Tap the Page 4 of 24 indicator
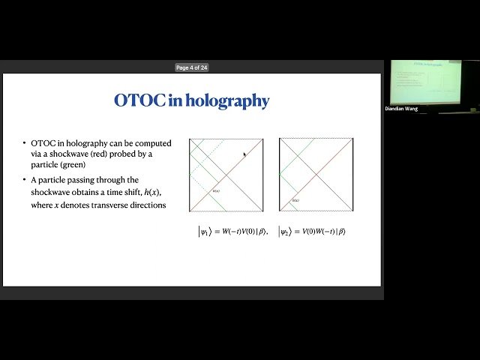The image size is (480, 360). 192,67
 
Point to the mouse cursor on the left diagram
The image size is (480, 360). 244,155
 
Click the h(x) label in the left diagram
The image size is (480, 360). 217,191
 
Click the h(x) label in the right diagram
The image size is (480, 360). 295,200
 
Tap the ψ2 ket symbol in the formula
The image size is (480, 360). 285,232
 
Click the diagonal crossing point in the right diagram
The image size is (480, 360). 316,175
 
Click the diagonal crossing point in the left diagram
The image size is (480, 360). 226,175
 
